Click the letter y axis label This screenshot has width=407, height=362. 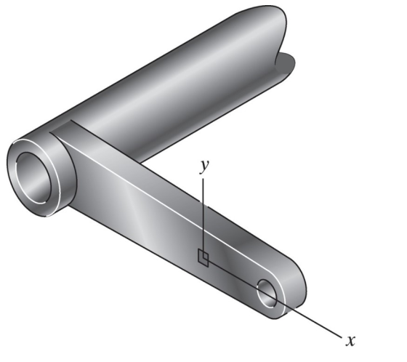click(204, 167)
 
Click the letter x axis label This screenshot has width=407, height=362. click(350, 340)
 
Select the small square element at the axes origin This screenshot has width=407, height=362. click(203, 258)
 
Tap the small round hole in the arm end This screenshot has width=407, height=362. click(267, 294)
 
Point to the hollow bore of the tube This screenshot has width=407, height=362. click(33, 178)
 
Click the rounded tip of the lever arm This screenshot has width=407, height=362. click(296, 286)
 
